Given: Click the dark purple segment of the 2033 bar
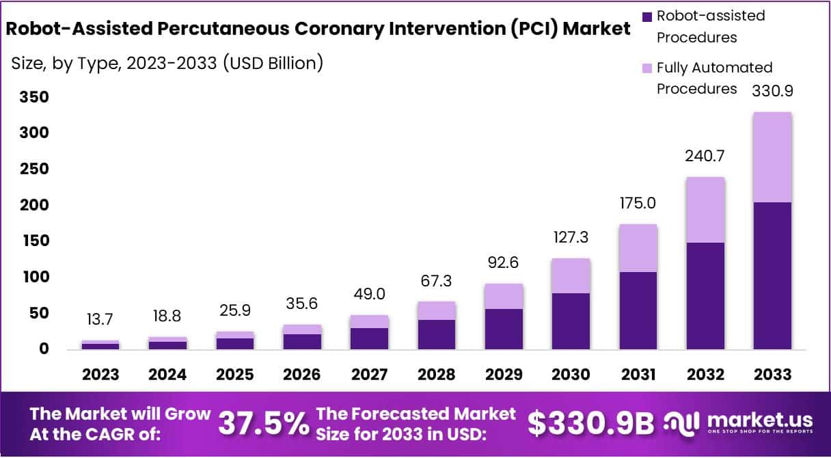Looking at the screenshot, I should (772, 275).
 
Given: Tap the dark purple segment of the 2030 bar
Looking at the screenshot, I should (571, 321).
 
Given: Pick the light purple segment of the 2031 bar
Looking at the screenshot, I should (638, 248).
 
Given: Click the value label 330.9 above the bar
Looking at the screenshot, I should (772, 90).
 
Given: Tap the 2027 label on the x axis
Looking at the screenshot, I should (370, 375).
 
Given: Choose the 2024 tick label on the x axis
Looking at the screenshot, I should (168, 375).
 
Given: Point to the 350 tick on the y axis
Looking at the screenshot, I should (33, 97).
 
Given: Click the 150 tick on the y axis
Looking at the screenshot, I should (33, 241).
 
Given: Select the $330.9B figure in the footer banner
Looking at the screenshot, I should (591, 424).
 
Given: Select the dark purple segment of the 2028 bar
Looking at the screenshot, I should (437, 334).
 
